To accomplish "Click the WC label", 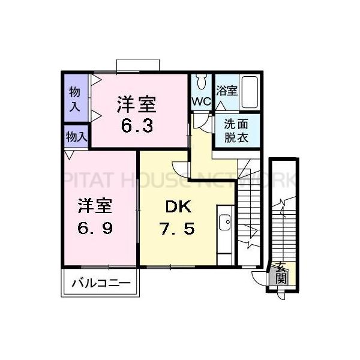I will coord(201,101).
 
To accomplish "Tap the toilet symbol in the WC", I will coord(202,82).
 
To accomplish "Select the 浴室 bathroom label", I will coord(227,91).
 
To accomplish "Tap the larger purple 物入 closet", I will coord(75,99).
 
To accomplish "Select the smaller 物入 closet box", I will coord(76,136).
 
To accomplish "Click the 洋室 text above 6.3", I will coord(137,105).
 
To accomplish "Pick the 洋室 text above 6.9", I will coord(94,206).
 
